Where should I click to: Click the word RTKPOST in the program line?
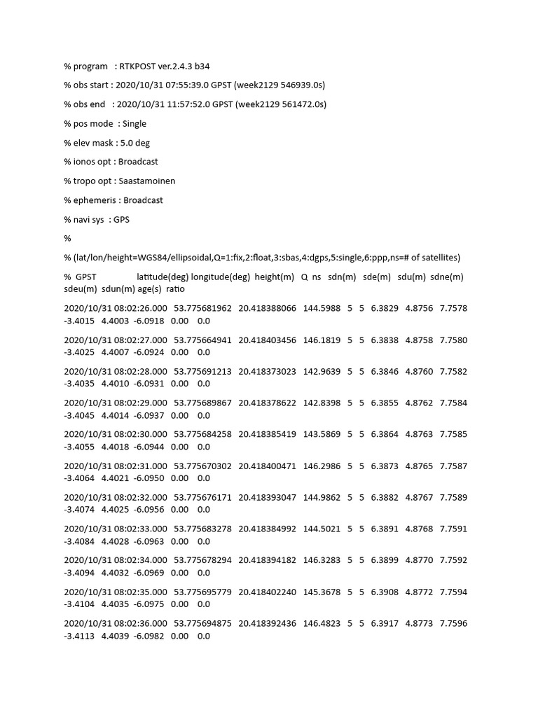[137, 67]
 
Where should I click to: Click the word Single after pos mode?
[134, 124]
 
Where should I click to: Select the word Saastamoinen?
[147, 181]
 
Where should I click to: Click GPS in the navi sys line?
[121, 219]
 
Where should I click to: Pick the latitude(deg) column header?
[163, 277]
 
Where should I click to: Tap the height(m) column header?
[275, 277]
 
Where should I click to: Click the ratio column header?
[176, 288]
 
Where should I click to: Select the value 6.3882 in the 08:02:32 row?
[385, 498]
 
